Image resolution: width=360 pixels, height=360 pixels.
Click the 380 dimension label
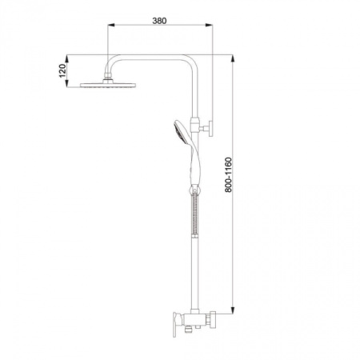159,21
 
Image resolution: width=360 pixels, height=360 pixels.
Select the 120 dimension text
62,70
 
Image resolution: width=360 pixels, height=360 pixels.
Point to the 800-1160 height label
229,175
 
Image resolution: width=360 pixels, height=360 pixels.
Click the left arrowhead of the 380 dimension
111,25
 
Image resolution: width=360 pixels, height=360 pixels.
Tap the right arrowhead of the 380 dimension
209,25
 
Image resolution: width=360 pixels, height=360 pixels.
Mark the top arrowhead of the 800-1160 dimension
233,58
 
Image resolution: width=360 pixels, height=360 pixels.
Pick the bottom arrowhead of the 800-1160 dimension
233,310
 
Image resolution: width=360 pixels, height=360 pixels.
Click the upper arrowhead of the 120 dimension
66,58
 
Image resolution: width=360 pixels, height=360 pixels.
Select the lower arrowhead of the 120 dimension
66,83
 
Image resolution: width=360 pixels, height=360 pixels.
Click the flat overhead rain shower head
108,85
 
